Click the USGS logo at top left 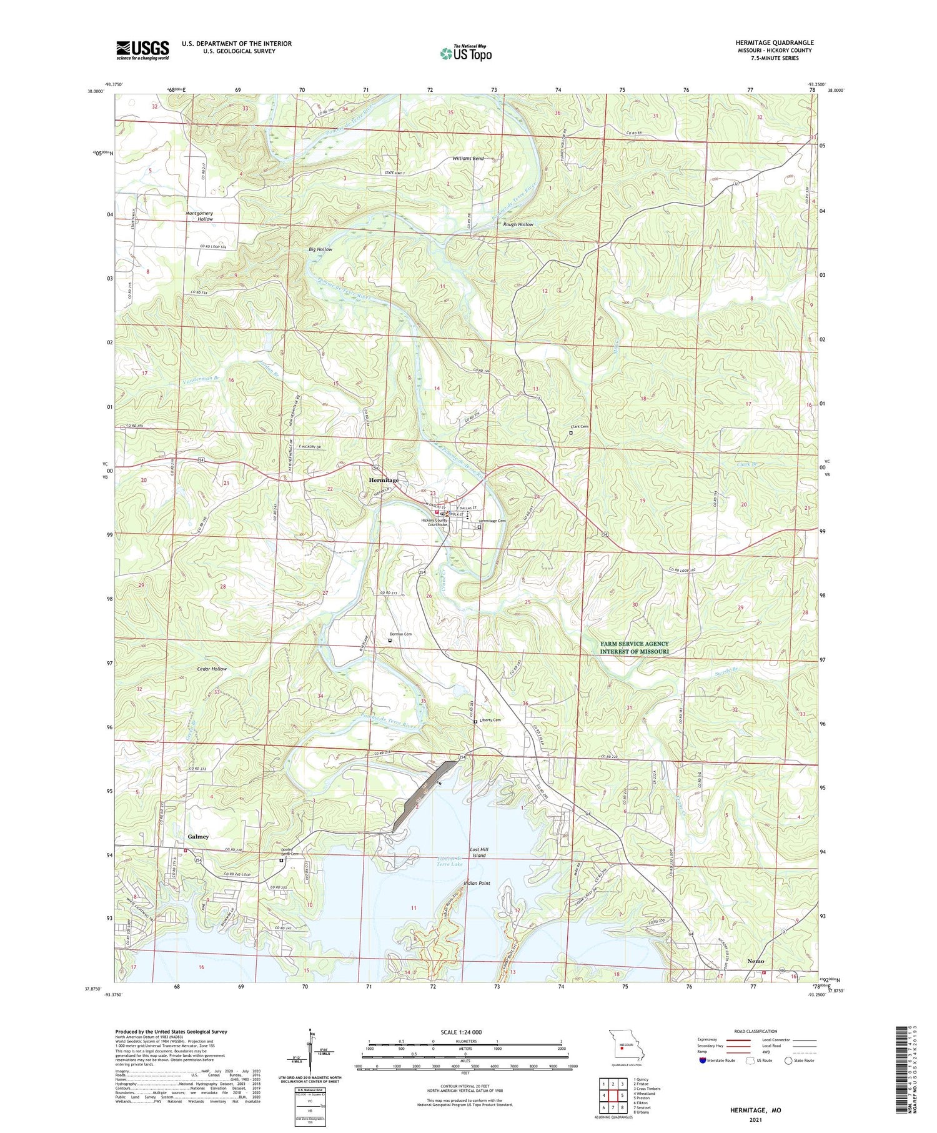142,50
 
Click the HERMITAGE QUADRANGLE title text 774,42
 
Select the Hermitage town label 383,480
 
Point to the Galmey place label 198,836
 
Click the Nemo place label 755,961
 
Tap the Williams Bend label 468,159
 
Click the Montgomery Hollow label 199,216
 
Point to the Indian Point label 477,883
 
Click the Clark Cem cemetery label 579,427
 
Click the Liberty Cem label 489,720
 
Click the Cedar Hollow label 212,669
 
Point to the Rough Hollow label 518,224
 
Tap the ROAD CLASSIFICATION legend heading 756,1031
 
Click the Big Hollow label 320,249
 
